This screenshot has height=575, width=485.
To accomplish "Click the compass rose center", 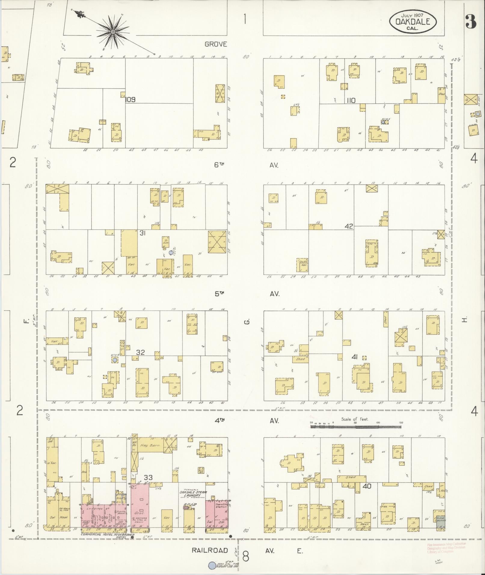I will pyautogui.click(x=113, y=32).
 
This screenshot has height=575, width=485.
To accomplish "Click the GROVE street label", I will pyautogui.click(x=216, y=44).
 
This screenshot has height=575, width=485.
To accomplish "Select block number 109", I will pyautogui.click(x=131, y=99).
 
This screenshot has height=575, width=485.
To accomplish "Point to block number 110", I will pyautogui.click(x=351, y=100).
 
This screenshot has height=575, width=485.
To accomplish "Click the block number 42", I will pyautogui.click(x=349, y=226).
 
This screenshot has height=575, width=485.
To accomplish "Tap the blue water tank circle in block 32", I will pyautogui.click(x=115, y=360).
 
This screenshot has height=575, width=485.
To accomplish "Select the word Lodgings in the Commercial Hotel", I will pyautogui.click(x=92, y=509).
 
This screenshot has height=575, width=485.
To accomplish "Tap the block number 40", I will pyautogui.click(x=367, y=486).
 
